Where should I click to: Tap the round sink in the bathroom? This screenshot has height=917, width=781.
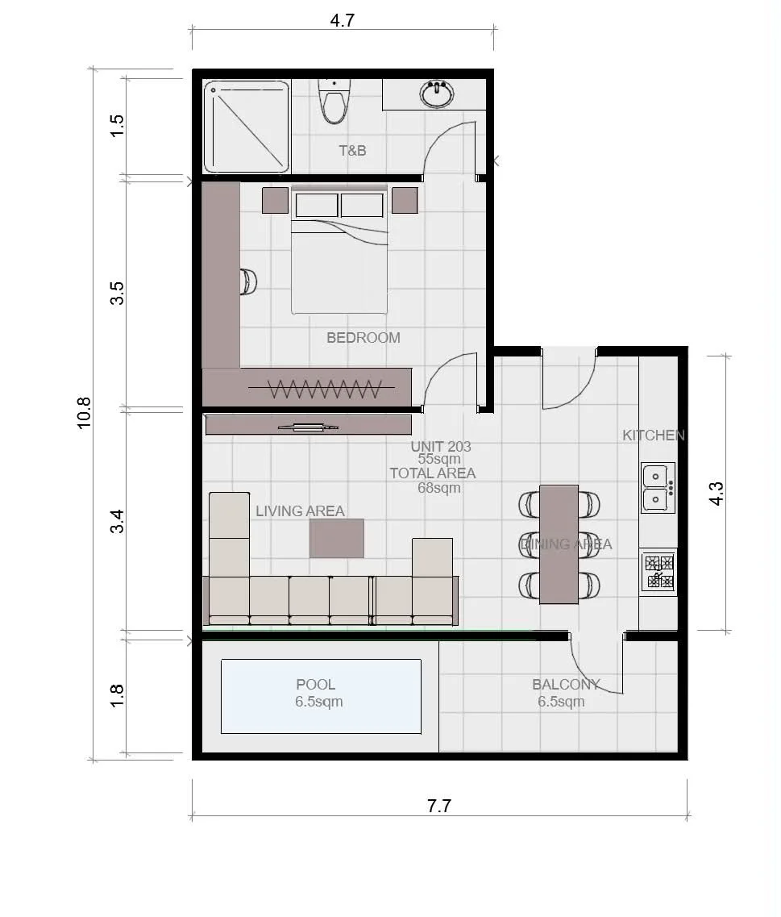coord(437,94)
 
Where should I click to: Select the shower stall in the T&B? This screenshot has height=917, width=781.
coord(246,127)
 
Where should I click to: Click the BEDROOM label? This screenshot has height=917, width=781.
coord(363,337)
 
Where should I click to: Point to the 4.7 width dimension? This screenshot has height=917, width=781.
coord(342,20)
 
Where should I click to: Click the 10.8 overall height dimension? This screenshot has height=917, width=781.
coord(84,413)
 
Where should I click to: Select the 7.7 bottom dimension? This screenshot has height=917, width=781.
coord(439,806)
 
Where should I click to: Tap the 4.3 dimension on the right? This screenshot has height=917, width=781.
coord(716,494)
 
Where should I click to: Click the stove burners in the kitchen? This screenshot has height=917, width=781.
coord(658,572)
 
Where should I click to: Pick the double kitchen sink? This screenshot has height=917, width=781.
coord(658,487)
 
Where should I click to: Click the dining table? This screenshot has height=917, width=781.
coord(559,544)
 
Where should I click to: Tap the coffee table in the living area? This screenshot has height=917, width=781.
coord(337,538)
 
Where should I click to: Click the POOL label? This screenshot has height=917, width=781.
coord(316,684)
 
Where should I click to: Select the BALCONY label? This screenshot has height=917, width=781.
coord(566,684)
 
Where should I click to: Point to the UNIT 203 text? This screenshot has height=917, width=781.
coord(441,446)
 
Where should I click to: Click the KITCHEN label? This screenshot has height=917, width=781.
coord(653,435)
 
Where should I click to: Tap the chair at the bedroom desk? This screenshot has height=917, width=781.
coord(248,282)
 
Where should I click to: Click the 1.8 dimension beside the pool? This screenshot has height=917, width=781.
coord(117,695)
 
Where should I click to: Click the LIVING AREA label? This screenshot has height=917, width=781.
coord(300,511)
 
